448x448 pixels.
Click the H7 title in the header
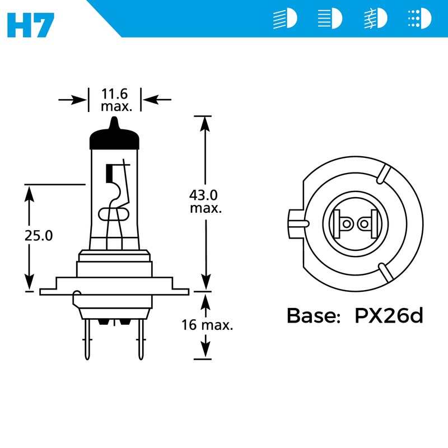point(31,22)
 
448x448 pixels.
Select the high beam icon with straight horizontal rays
point(330,19)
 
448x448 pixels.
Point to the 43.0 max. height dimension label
point(206,201)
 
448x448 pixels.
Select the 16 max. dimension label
point(207,325)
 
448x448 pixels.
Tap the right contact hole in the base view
point(365,224)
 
